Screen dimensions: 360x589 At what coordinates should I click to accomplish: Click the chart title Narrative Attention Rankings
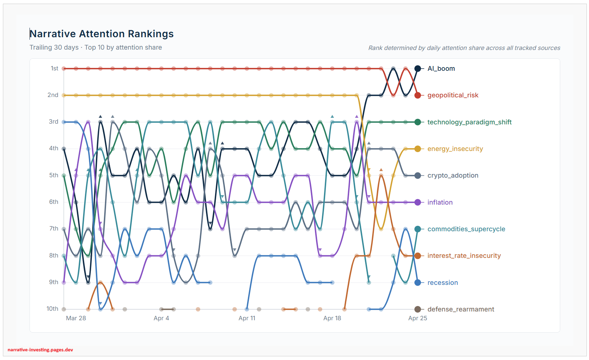(102, 34)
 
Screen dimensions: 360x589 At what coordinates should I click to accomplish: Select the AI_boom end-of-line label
(441, 69)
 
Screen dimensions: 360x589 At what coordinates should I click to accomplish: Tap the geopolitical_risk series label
(453, 95)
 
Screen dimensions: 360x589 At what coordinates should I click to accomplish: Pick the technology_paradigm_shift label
(469, 122)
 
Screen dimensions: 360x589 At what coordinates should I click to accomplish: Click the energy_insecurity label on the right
(455, 149)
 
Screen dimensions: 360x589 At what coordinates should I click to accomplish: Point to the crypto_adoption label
(453, 175)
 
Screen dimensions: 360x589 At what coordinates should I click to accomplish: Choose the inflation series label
(440, 202)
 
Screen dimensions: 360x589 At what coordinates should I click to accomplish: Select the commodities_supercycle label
(466, 229)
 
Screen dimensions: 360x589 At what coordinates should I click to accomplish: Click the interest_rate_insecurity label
(464, 256)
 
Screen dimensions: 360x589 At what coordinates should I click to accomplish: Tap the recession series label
(442, 283)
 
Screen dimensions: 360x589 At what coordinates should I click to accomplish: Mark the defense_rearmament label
(461, 309)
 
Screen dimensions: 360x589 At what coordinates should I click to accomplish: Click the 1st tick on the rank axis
(54, 69)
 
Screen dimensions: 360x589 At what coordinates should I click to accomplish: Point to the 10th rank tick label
(52, 309)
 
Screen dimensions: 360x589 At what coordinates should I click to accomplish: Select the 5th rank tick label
(54, 175)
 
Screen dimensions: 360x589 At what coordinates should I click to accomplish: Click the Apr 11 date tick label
(247, 318)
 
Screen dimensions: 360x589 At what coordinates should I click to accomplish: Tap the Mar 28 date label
(76, 318)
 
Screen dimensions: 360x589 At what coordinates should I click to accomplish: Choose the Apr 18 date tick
(332, 318)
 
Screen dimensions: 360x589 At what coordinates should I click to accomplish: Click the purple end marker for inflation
(418, 202)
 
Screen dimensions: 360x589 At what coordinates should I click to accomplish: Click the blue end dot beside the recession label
(418, 283)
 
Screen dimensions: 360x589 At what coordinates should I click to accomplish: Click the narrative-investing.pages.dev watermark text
(40, 350)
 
